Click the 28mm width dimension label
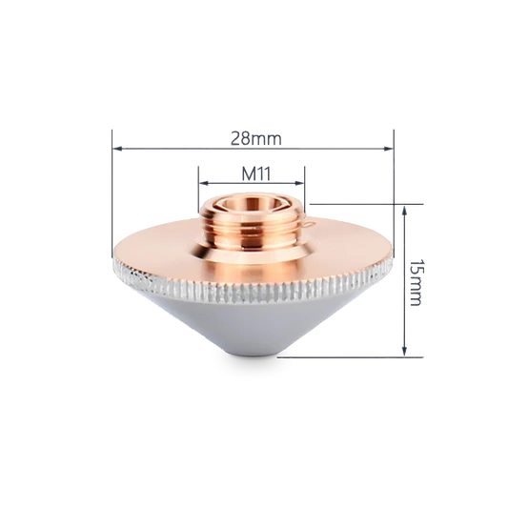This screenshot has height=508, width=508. tap(255, 137)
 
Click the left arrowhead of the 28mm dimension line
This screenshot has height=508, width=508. tap(117, 148)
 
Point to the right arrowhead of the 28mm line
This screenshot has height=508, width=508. tap(389, 148)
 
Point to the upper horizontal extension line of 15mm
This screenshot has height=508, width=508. tap(362, 203)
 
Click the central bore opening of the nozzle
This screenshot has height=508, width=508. tap(253, 203)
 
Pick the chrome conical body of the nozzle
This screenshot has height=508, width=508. tap(253, 324)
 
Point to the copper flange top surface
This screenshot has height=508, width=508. tap(162, 254)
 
